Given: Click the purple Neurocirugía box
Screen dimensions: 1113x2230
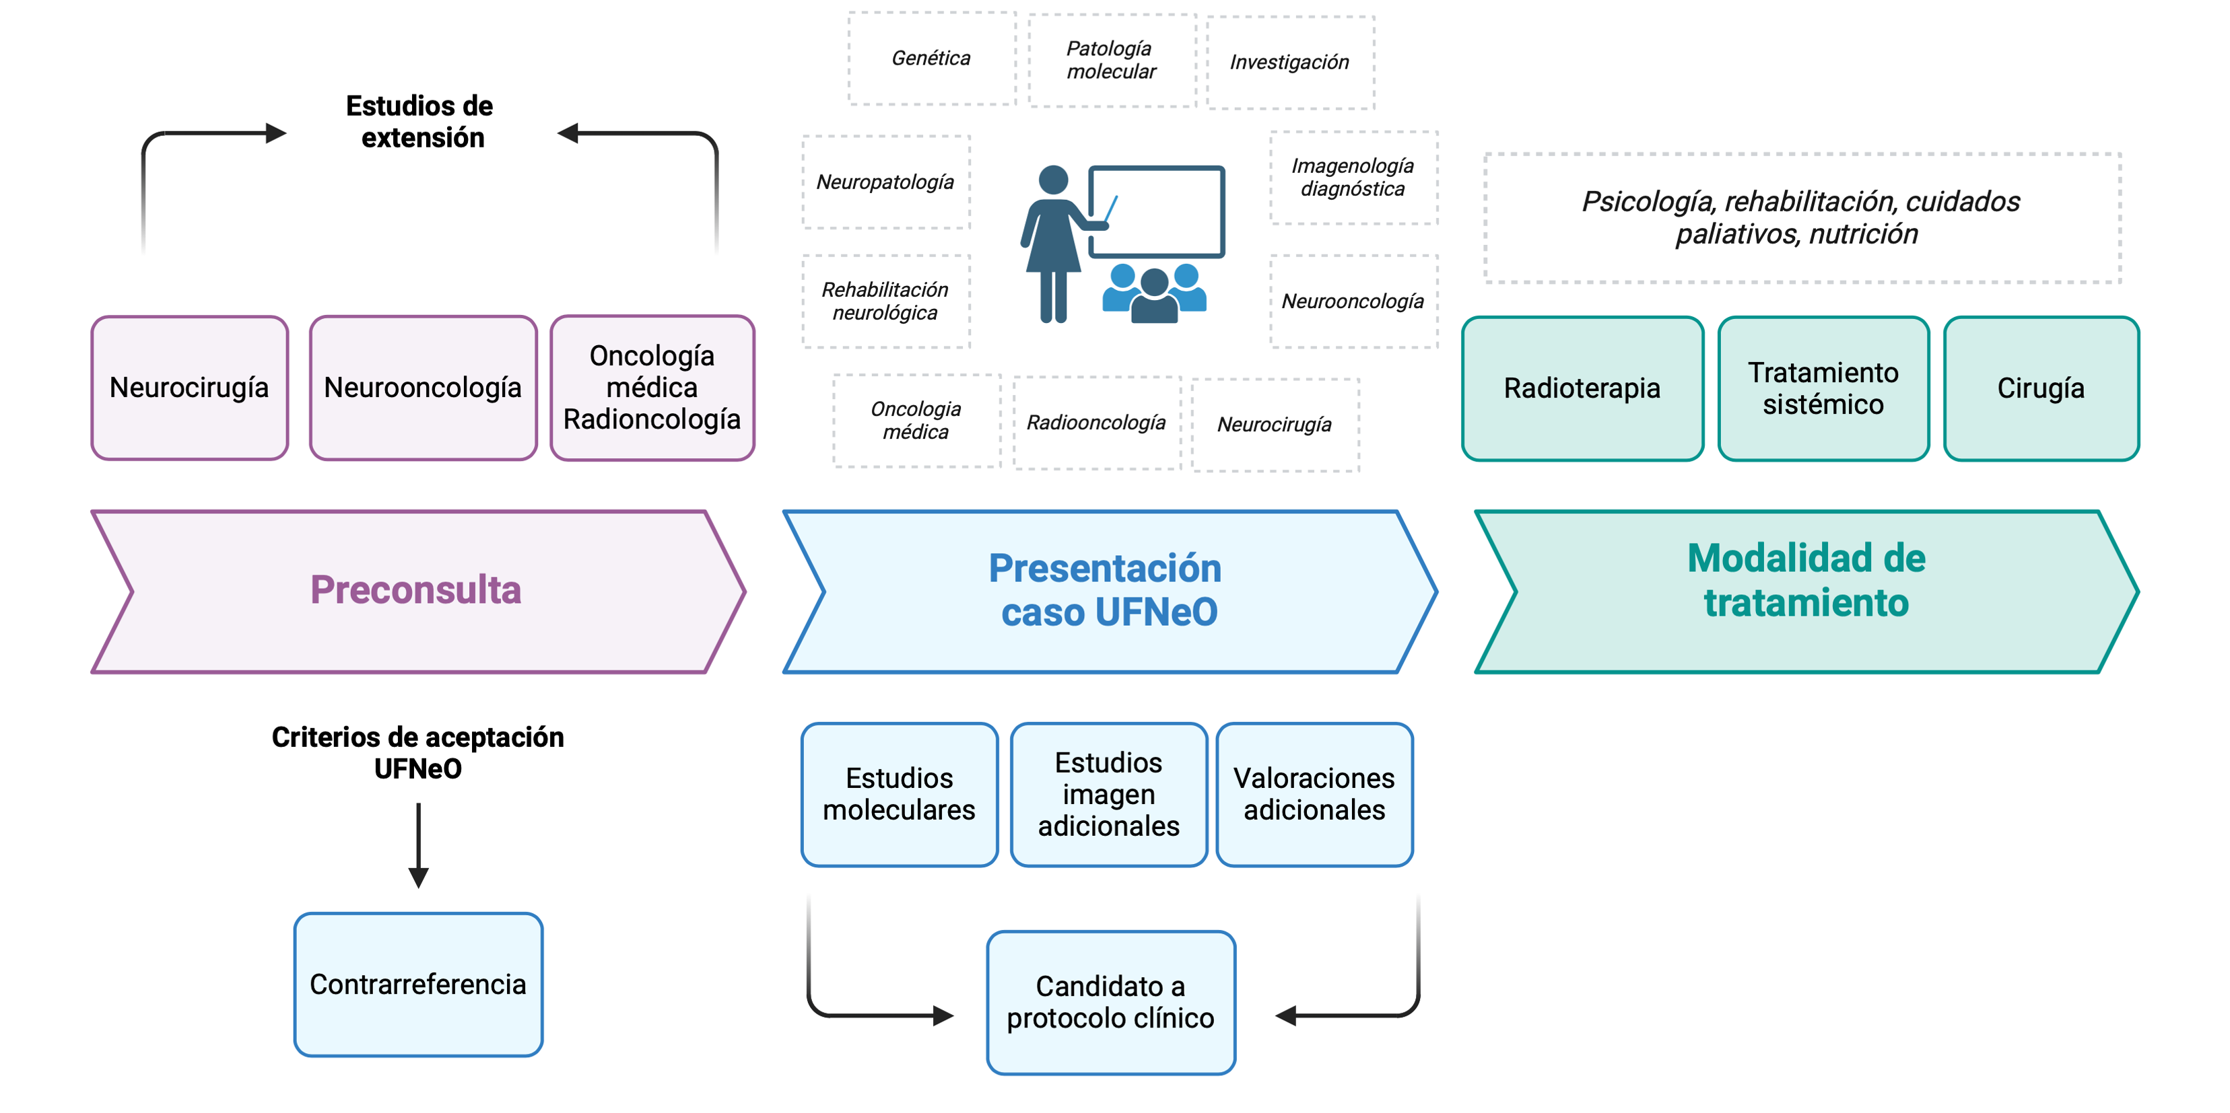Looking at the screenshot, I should [190, 388].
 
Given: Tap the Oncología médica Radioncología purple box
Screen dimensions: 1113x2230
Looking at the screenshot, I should [652, 388].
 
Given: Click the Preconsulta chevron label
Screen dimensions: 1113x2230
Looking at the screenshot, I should [416, 590].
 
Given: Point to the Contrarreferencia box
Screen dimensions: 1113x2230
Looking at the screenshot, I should [418, 984].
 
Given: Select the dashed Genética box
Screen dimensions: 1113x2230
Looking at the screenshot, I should [931, 59].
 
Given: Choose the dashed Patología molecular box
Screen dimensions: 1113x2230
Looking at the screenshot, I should [1112, 61].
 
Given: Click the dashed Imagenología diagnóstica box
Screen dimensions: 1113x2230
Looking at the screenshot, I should [1353, 178].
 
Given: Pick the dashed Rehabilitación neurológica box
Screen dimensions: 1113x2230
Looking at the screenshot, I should [885, 301].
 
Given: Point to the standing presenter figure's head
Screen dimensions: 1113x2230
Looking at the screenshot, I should [1052, 180].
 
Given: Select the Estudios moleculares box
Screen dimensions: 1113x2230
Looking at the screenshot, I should [900, 795].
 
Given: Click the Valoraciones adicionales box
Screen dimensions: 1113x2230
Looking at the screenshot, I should [1314, 795].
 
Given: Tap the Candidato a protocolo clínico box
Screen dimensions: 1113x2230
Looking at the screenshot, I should [1111, 1002].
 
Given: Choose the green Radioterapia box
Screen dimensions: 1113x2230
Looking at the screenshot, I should [1582, 388].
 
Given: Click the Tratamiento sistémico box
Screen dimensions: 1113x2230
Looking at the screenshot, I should [1823, 388].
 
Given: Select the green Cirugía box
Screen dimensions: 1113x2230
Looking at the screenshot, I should [2040, 388].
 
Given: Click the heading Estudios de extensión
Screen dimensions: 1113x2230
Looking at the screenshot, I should [420, 122].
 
